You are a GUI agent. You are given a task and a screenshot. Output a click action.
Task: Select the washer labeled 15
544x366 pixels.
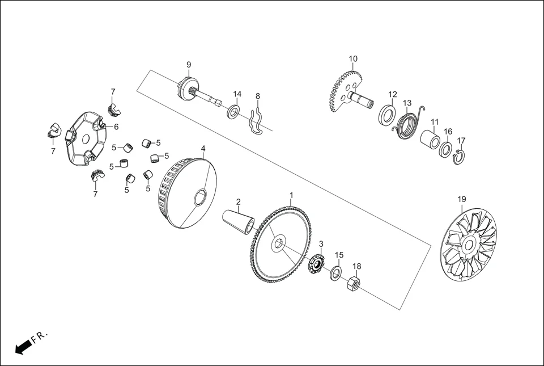pos(336,273)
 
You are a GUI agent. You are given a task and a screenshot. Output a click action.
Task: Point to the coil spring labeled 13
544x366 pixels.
pos(407,125)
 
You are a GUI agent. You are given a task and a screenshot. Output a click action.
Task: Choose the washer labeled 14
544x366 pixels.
pos(233,111)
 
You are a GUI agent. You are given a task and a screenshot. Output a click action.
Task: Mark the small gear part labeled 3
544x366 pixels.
pos(316,264)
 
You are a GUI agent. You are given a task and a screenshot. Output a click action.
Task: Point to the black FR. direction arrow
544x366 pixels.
pos(22,347)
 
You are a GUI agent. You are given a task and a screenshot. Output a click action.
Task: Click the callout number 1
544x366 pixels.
pos(291,195)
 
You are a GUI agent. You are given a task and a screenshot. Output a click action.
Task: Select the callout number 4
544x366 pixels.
pos(203,148)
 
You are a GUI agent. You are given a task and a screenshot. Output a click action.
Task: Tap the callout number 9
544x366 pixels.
pos(189,65)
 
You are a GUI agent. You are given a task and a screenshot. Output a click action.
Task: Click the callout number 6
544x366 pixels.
pos(116,127)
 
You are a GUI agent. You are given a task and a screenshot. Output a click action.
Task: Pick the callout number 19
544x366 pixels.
pos(462,199)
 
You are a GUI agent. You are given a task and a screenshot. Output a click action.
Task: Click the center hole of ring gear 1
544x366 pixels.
pos(278,245)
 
